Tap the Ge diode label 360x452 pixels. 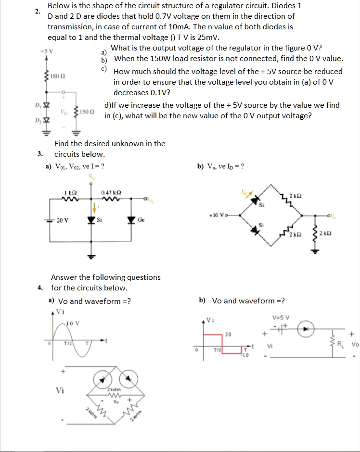click(141, 220)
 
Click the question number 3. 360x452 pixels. click(40, 154)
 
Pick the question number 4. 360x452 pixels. click(40, 288)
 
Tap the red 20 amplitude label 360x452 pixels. click(228, 334)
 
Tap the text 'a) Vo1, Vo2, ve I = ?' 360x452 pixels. click(75, 166)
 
